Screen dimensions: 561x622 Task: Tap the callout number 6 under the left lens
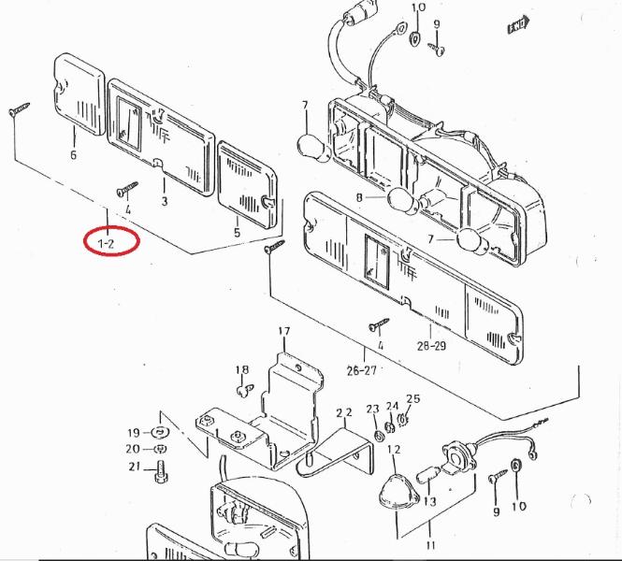point(73,155)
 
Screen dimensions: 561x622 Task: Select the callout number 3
point(165,201)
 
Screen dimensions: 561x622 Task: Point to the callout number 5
point(237,233)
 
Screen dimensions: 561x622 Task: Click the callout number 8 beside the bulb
point(359,197)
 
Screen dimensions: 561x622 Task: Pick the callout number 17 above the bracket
point(283,332)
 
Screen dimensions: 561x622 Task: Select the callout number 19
point(134,432)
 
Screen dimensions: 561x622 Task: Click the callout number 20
point(134,449)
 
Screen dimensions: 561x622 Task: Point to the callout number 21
point(134,467)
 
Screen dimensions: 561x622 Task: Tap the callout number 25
point(412,399)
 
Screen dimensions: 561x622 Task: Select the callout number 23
point(372,409)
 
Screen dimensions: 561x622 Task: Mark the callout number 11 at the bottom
point(430,545)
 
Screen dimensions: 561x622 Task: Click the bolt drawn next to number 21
point(162,467)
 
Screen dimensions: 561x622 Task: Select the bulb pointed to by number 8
point(398,198)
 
